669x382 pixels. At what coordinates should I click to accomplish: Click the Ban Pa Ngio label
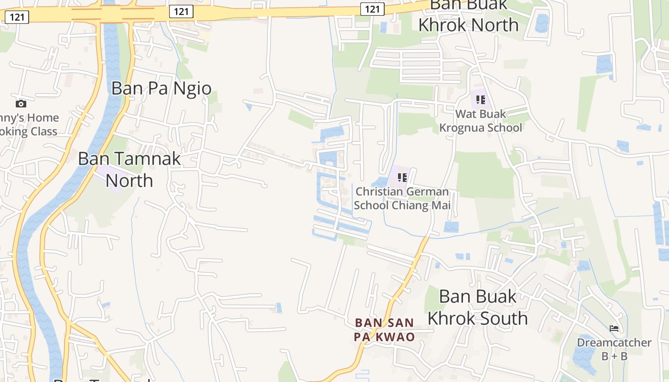tap(161, 88)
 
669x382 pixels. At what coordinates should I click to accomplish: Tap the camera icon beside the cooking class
tap(21, 104)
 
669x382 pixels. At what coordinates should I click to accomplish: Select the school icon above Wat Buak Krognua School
tap(481, 100)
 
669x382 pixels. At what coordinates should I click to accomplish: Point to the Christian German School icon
tap(402, 178)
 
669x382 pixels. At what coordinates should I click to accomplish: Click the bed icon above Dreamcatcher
tap(614, 329)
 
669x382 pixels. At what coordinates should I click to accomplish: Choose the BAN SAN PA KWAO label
tap(384, 330)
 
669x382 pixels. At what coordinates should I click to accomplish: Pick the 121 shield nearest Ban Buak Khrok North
tap(372, 9)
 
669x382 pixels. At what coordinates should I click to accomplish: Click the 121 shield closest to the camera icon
tap(17, 18)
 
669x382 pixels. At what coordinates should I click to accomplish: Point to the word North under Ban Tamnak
tap(129, 180)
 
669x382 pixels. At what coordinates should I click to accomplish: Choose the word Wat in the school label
tap(465, 114)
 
